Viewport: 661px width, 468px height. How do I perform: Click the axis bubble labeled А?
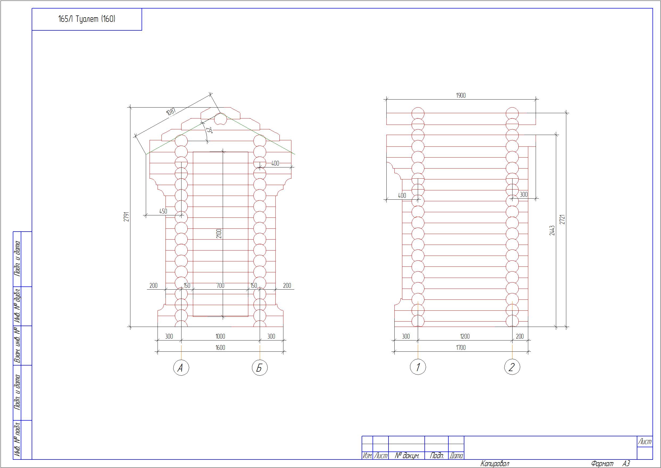(x=181, y=368)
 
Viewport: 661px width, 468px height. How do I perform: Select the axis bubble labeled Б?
(x=259, y=368)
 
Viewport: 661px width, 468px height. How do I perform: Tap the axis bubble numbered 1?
(x=418, y=367)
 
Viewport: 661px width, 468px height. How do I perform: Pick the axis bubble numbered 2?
(x=512, y=367)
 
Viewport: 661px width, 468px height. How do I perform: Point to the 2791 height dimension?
(x=126, y=217)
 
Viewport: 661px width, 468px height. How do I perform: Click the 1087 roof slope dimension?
(x=171, y=112)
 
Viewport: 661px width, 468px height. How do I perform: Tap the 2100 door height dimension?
(x=219, y=233)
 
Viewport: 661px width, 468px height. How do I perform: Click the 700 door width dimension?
(x=220, y=286)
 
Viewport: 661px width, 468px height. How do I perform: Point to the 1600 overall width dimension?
(x=220, y=348)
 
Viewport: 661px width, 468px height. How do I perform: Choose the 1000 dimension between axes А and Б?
(x=220, y=336)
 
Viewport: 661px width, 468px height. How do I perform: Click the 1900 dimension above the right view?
(x=461, y=95)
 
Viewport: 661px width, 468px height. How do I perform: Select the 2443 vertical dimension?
(x=552, y=230)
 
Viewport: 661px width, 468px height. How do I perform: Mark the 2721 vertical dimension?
(x=563, y=219)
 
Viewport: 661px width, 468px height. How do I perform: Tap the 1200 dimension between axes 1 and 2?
(x=465, y=336)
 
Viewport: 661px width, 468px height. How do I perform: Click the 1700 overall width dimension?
(x=461, y=348)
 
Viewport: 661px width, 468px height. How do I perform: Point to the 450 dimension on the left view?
(x=163, y=211)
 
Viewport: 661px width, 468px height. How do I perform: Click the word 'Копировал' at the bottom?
(x=495, y=464)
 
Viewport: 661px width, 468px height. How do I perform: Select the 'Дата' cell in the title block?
(x=456, y=455)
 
